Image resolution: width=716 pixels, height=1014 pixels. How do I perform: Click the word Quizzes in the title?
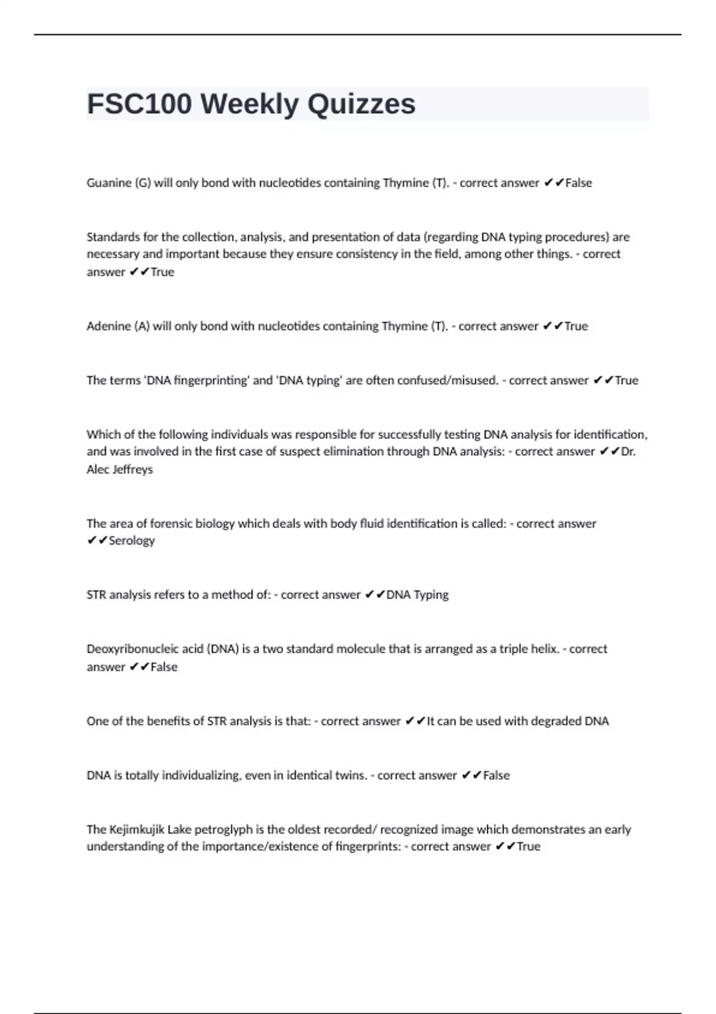(x=362, y=104)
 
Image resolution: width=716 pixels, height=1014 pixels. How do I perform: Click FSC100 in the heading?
(x=140, y=104)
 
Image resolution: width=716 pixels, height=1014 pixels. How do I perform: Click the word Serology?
(x=131, y=541)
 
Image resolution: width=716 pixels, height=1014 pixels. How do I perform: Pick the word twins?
(x=348, y=775)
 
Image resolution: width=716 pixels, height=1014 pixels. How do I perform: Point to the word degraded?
(x=553, y=721)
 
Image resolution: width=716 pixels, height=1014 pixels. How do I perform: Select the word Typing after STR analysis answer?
(x=431, y=595)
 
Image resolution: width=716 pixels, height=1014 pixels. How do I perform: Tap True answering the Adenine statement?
(x=576, y=326)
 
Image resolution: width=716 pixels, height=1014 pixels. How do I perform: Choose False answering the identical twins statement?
(x=496, y=775)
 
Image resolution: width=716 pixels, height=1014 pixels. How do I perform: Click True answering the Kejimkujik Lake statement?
(x=528, y=846)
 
